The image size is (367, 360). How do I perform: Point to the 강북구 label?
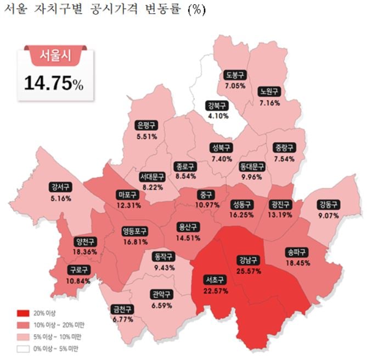click(x=218, y=105)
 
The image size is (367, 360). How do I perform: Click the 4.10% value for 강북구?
click(x=218, y=115)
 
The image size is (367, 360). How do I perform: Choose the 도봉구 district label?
click(x=235, y=76)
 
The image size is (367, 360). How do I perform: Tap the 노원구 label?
click(x=269, y=92)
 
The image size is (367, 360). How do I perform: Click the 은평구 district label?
click(x=148, y=125)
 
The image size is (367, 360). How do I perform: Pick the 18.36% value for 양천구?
click(x=85, y=251)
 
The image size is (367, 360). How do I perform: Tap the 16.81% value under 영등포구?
click(x=135, y=241)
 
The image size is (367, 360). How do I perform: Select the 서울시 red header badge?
click(x=54, y=54)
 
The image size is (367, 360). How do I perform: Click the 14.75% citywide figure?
click(x=54, y=83)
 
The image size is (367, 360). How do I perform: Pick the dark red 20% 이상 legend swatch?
click(x=22, y=313)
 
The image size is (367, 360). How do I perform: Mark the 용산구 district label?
click(x=188, y=227)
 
